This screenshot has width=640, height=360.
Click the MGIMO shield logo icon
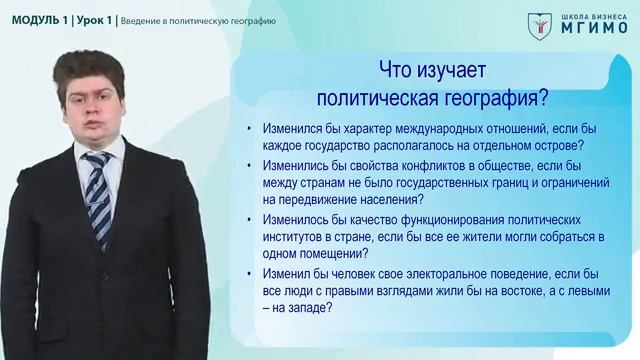[538, 24]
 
